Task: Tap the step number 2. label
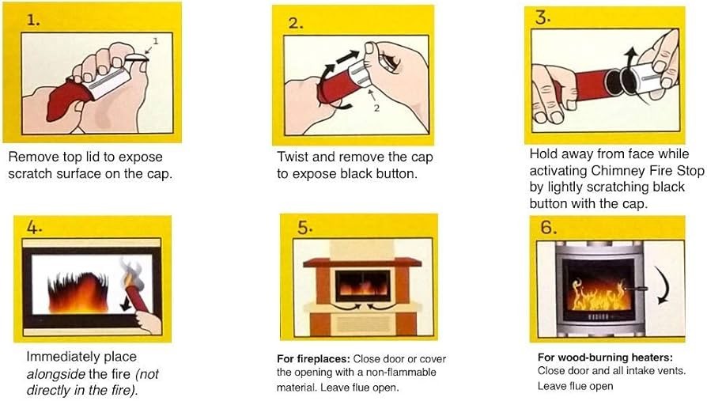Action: (296, 23)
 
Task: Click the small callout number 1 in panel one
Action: (157, 40)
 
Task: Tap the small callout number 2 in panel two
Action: (378, 109)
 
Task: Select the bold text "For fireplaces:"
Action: (313, 357)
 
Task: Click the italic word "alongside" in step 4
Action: (55, 373)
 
